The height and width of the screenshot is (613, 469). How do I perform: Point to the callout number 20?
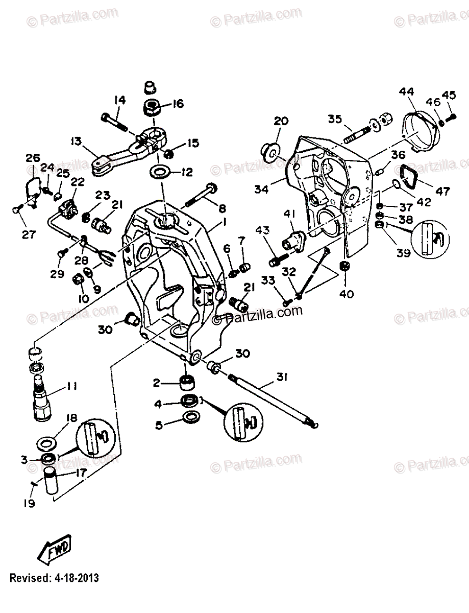[x=280, y=121]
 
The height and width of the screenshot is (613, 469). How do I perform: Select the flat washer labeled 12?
[x=161, y=171]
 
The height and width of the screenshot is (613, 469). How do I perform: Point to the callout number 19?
[x=29, y=503]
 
